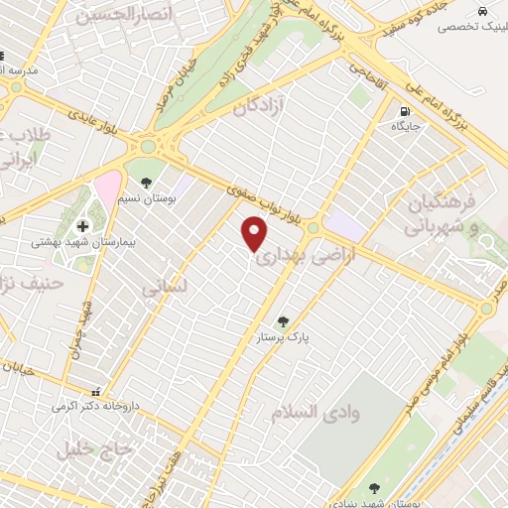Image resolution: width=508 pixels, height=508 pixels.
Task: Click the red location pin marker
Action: tap(256, 234)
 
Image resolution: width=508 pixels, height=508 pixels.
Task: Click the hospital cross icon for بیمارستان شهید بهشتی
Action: tap(83, 225)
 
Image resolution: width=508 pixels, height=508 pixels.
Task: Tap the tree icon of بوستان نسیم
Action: tap(147, 183)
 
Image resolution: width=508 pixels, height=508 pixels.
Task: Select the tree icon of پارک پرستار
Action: tap(284, 321)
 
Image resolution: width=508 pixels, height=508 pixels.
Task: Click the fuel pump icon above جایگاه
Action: tap(404, 111)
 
